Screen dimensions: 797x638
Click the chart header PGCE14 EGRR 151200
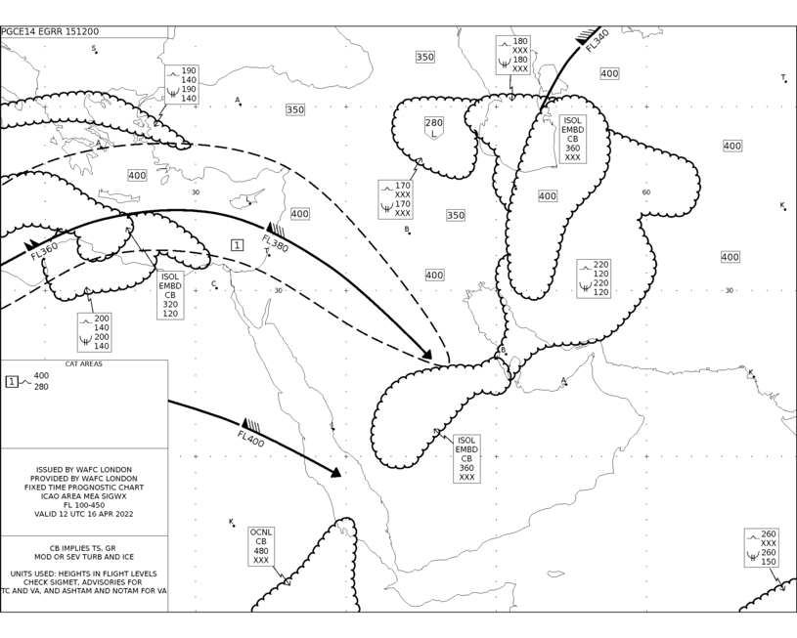[x=50, y=31]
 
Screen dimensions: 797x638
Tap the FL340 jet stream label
[x=597, y=41]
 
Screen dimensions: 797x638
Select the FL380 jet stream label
[x=275, y=243]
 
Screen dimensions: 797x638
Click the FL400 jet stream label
[x=250, y=439]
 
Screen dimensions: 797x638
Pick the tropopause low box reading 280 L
[x=433, y=128]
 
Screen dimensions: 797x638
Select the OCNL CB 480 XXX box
[x=261, y=546]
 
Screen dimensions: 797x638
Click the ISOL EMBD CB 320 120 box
[x=170, y=295]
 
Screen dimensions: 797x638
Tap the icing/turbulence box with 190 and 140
[x=182, y=84]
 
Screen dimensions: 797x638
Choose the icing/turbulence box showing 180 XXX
[x=512, y=55]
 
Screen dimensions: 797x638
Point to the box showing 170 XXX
[x=395, y=199]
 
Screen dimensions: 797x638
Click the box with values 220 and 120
[x=594, y=278]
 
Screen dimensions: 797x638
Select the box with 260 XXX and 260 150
[x=762, y=548]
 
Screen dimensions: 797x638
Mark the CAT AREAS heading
[x=84, y=363]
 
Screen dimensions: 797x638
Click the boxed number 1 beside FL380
[x=237, y=245]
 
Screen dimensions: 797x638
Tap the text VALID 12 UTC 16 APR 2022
[x=84, y=514]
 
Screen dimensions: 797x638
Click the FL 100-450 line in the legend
[x=84, y=505]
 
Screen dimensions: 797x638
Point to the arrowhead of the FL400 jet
[x=336, y=473]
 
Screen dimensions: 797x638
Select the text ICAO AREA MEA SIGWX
[x=84, y=496]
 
